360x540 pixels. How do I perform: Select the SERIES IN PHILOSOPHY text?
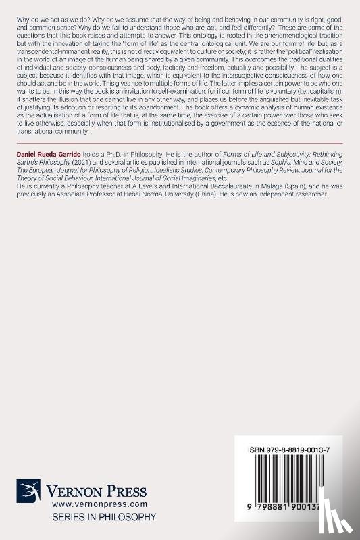95,516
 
